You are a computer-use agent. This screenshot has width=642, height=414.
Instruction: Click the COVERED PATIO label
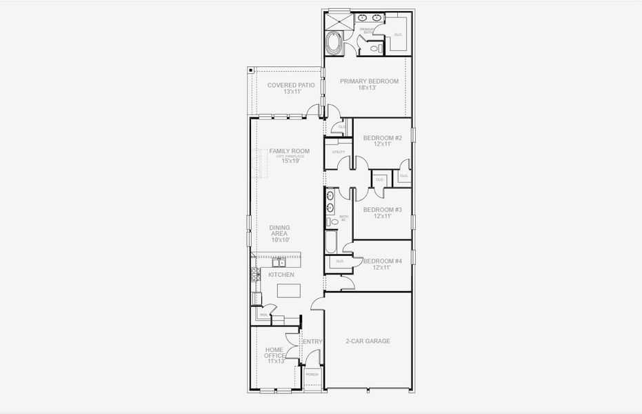pyautogui.click(x=291, y=85)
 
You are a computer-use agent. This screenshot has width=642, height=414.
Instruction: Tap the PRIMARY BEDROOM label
pyautogui.click(x=369, y=81)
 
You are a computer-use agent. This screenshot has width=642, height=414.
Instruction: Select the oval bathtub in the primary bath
pyautogui.click(x=334, y=43)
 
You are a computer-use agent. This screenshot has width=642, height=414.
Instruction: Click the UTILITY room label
pyautogui.click(x=339, y=152)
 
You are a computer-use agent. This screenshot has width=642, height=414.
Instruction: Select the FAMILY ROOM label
pyautogui.click(x=289, y=151)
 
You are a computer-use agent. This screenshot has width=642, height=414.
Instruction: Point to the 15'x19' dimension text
pyautogui.click(x=290, y=161)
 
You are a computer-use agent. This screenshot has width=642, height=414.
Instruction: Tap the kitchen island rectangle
pyautogui.click(x=290, y=290)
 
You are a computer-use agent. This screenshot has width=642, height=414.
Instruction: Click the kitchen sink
pyautogui.click(x=279, y=262)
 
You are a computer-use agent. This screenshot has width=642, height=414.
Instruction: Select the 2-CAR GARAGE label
pyautogui.click(x=368, y=341)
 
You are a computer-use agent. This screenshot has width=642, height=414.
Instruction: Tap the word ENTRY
pyautogui.click(x=312, y=342)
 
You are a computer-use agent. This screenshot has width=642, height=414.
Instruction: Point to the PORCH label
pyautogui.click(x=312, y=374)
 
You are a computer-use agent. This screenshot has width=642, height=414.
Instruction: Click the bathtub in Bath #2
pyautogui.click(x=331, y=241)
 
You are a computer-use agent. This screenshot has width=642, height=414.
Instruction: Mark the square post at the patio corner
pyautogui.click(x=250, y=70)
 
